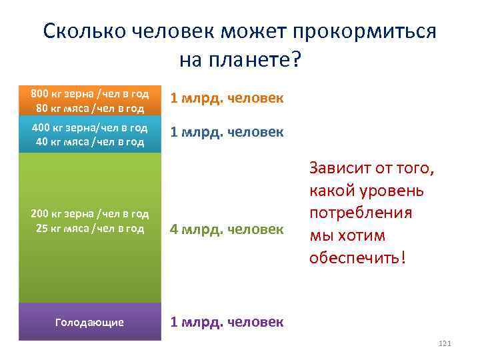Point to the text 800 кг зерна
(61, 93)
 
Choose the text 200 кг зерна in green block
(61, 213)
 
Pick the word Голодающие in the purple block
(89, 322)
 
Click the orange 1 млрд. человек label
(227, 99)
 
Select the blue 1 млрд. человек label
(227, 132)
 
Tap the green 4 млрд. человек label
(227, 229)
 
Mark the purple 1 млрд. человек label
(227, 322)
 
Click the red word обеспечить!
(357, 257)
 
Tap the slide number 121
(445, 343)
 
